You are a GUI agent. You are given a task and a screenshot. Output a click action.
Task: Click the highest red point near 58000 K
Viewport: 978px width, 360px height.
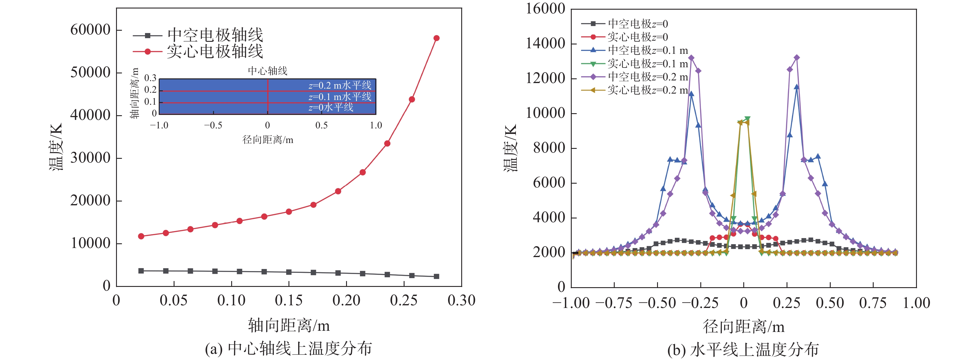point(436,38)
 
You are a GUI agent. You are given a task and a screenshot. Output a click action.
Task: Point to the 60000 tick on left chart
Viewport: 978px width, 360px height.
point(90,30)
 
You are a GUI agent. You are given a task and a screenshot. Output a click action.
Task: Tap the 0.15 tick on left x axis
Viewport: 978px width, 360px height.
point(288,300)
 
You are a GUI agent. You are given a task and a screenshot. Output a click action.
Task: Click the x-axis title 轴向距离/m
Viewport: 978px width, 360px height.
point(288,325)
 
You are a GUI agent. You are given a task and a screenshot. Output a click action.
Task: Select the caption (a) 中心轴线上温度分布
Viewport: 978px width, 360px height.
point(288,349)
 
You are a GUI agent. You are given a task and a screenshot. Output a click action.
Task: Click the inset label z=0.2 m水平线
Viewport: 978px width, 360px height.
point(340,85)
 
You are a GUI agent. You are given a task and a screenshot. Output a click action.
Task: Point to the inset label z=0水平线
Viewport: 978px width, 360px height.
point(331,107)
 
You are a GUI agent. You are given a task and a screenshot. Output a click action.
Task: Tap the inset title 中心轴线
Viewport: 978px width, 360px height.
point(268,71)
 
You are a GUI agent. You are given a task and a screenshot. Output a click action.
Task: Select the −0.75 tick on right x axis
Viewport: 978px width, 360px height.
point(614,303)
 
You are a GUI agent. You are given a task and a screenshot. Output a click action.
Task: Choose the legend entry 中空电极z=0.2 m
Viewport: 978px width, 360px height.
point(648,77)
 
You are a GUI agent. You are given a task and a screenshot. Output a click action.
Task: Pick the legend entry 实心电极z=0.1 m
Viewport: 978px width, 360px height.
point(648,63)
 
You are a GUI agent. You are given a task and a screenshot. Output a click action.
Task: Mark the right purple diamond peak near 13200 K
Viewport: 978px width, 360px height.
point(796,58)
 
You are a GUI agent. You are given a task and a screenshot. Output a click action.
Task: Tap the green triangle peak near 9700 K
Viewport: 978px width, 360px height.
point(747,119)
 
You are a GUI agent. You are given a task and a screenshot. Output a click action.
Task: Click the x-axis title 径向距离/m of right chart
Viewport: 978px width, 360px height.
point(743,326)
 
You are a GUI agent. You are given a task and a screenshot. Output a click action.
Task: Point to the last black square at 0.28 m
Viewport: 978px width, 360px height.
point(436,276)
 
